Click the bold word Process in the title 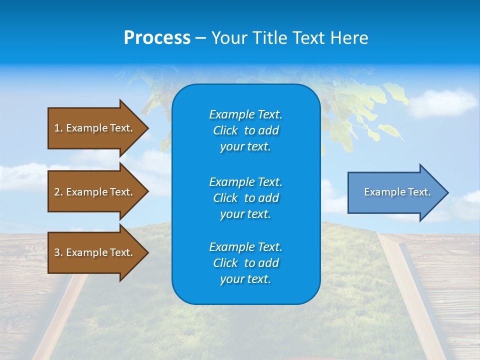tap(157, 38)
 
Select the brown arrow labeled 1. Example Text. tap(93, 128)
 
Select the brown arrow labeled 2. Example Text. tap(93, 192)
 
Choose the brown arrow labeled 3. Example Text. tap(93, 252)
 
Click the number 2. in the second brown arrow tap(58, 192)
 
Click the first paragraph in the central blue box tap(245, 130)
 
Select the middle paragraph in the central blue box tap(245, 197)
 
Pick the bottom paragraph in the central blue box tap(245, 263)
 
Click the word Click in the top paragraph tap(225, 130)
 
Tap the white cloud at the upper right tap(442, 103)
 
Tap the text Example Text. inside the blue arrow tap(397, 192)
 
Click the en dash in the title tap(200, 38)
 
